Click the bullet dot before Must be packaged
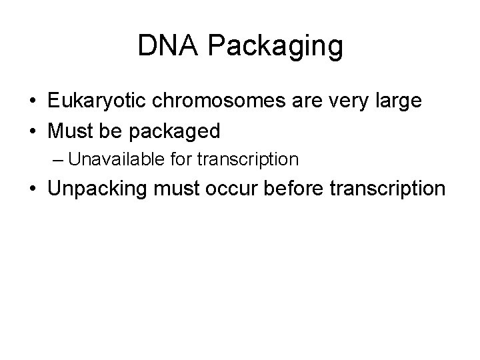pyautogui.click(x=32, y=131)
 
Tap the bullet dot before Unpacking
pyautogui.click(x=32, y=189)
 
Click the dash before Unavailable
pyautogui.click(x=58, y=160)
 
